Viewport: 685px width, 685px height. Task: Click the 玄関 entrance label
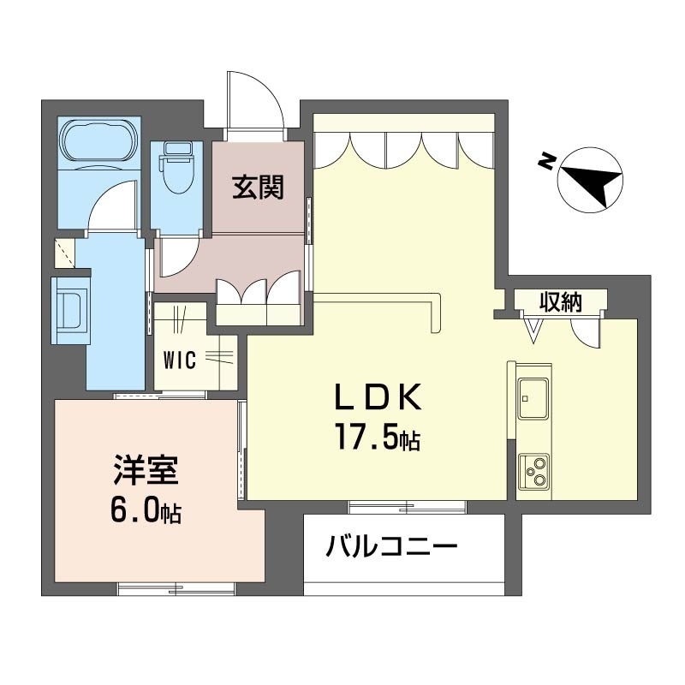(x=258, y=187)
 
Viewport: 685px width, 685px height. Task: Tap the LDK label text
(x=378, y=398)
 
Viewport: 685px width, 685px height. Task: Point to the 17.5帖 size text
(x=378, y=440)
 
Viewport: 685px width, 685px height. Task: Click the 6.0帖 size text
(x=146, y=511)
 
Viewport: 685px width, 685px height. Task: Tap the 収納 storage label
(x=561, y=301)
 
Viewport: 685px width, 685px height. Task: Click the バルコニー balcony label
(x=391, y=545)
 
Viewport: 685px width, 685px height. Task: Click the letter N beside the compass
(x=545, y=160)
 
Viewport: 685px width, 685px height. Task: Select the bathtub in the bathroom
(x=96, y=140)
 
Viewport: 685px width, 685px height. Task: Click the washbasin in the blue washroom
(x=71, y=308)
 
